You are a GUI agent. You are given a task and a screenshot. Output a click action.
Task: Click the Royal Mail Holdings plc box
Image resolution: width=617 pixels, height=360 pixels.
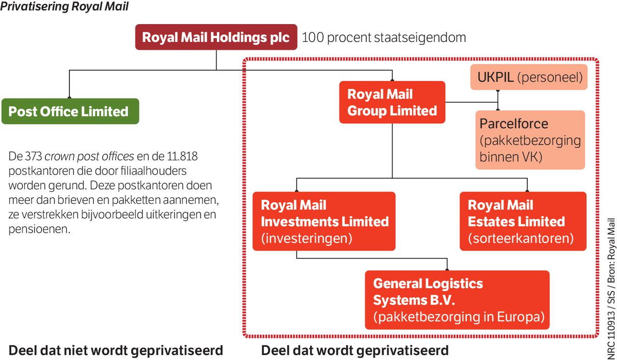[216, 38]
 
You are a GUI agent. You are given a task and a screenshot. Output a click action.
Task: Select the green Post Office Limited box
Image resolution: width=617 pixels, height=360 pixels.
[70, 111]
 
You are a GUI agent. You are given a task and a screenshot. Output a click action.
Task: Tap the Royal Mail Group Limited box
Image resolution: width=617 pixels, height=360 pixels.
[392, 102]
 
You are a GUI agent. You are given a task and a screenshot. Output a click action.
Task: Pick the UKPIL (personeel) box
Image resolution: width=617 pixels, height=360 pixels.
[529, 77]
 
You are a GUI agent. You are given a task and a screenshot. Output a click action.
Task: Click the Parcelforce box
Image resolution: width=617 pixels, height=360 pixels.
[530, 140]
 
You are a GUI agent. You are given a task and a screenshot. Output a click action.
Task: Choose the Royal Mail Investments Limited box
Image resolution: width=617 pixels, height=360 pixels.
[324, 221]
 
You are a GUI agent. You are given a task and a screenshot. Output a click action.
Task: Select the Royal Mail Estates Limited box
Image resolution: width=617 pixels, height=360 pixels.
[523, 221]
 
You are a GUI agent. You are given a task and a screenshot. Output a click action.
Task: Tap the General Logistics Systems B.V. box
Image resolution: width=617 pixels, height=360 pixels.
[457, 300]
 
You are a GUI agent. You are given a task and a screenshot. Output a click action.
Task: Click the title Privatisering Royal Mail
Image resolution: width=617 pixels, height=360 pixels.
[65, 7]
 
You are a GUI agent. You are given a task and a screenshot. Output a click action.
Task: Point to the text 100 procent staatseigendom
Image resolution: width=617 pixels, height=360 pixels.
[384, 38]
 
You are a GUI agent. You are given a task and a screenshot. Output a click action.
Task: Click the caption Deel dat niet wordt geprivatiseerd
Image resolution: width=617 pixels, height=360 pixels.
[116, 350]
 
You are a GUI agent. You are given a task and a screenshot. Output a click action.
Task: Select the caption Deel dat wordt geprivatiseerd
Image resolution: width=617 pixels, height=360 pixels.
[355, 350]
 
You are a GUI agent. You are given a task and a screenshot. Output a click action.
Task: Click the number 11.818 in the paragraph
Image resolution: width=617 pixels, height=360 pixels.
[183, 157]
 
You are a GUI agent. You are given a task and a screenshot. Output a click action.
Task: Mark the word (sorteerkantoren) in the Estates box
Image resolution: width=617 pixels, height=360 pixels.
[521, 238]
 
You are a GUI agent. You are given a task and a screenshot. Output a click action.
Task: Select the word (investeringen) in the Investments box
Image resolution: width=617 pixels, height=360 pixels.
[307, 238]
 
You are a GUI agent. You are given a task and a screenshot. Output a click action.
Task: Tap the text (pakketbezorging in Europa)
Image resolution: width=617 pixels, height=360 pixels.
[459, 317]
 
